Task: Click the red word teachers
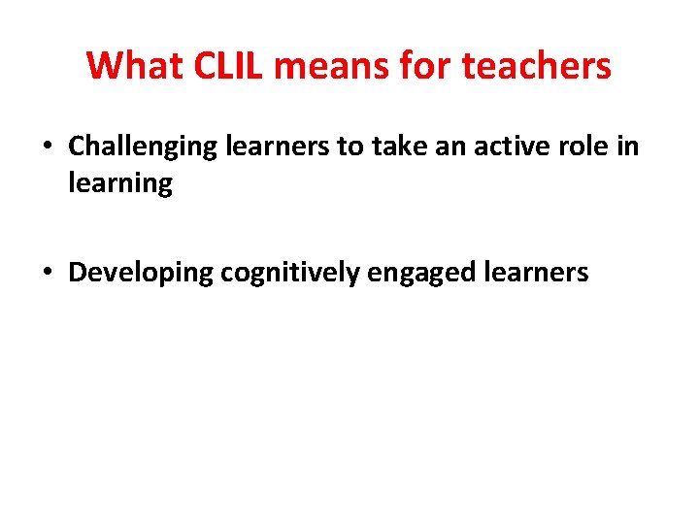[538, 66]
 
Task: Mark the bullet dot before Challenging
[48, 147]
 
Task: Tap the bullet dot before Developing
[48, 274]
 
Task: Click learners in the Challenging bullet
[270, 147]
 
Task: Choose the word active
[490, 147]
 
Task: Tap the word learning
[120, 184]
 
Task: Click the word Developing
[140, 274]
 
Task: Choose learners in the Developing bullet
[538, 274]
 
